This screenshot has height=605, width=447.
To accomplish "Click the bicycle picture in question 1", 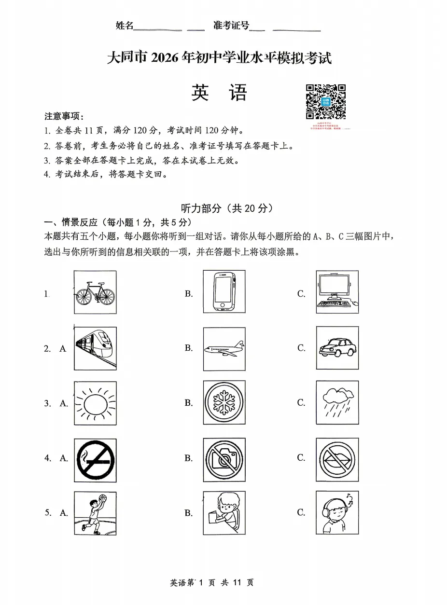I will tap(95, 292).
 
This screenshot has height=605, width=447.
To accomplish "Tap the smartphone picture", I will tap(224, 292).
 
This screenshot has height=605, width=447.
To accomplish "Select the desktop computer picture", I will tap(337, 292).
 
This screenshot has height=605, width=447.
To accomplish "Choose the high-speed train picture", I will tap(95, 348).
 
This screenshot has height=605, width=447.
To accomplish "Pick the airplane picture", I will tap(224, 348).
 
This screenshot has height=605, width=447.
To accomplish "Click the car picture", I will tap(337, 348).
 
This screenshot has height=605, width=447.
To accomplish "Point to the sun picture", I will tap(95, 403).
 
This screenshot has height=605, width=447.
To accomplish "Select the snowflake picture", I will tap(224, 403).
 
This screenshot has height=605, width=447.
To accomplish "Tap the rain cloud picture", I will tap(337, 403).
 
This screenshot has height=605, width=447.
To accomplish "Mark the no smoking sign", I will tap(95, 460).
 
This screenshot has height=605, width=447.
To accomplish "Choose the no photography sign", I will tap(224, 460).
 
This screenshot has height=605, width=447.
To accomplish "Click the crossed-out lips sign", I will tap(337, 460).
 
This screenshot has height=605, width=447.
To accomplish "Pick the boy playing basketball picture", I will tap(95, 513).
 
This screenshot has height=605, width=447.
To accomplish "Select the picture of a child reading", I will tap(224, 513).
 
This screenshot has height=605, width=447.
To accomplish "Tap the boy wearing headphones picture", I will tap(337, 513).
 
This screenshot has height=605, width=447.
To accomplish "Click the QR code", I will tap(326, 102).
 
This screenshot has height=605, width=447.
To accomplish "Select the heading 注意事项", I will tap(64, 117).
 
